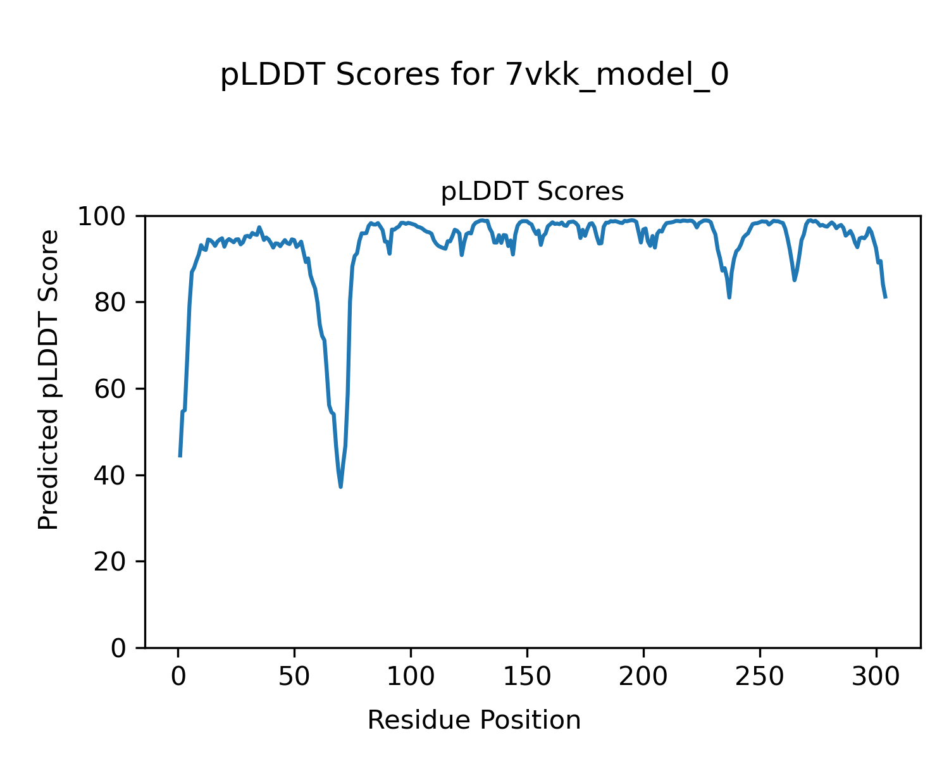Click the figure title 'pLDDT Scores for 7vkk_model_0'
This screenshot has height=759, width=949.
(475, 75)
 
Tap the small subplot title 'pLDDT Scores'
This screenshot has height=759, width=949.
(532, 192)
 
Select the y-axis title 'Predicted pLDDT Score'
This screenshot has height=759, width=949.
(49, 379)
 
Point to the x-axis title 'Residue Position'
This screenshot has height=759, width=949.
(474, 720)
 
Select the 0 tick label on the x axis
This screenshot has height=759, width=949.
(178, 676)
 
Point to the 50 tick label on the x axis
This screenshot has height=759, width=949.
(294, 676)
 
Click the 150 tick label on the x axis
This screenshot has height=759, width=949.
(527, 676)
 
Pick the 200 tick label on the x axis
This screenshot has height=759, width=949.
(643, 676)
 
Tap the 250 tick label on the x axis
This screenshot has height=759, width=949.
(760, 676)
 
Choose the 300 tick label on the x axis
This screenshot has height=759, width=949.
(876, 676)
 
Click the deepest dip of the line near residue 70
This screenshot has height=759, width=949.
(340, 486)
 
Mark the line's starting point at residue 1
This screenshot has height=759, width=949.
(180, 456)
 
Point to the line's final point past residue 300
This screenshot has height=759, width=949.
(886, 297)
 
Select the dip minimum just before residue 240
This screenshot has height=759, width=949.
(729, 297)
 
